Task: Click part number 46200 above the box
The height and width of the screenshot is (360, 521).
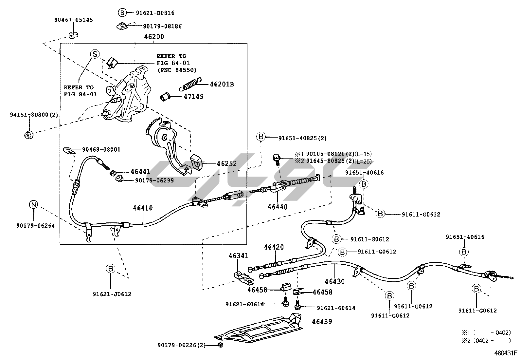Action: point(154,37)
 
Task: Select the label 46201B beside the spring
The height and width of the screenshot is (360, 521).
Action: point(222,84)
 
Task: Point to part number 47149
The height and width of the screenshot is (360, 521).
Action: point(193,97)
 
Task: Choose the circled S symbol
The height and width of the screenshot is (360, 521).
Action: point(95,54)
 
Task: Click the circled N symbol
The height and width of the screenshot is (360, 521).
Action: point(33,205)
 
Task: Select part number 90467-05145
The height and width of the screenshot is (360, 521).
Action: point(73,20)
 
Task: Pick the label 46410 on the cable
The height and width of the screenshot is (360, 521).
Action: point(143,208)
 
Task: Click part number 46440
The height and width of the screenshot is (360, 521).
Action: point(278,207)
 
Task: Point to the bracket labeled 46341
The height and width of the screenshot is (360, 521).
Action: point(244,277)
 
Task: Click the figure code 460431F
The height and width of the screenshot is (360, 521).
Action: point(505,353)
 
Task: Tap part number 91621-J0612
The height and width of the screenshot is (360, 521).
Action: point(112,294)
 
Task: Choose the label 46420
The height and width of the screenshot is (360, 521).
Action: point(274,247)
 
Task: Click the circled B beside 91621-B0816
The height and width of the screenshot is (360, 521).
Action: point(122,13)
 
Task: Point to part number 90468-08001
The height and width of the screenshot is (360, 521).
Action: point(101,150)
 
